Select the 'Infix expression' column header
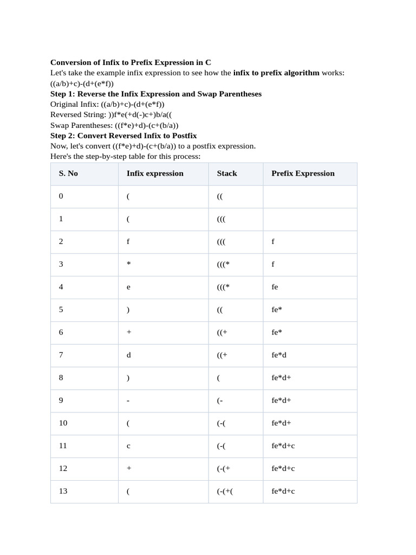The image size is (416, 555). click(x=155, y=173)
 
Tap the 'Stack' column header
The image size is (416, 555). click(x=227, y=173)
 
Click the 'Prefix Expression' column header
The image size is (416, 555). click(x=303, y=173)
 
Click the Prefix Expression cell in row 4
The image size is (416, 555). click(x=275, y=287)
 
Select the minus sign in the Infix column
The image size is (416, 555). click(x=128, y=401)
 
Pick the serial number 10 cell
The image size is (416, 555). click(x=63, y=423)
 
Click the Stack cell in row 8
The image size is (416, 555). click(x=218, y=378)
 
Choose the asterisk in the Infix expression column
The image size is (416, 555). click(x=128, y=264)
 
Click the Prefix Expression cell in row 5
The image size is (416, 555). click(x=277, y=310)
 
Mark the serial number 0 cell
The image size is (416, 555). click(x=61, y=196)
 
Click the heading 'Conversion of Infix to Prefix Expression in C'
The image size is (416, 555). click(x=131, y=62)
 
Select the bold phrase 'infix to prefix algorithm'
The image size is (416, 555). click(x=276, y=73)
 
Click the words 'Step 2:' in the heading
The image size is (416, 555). click(x=64, y=135)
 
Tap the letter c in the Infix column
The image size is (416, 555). click(x=128, y=446)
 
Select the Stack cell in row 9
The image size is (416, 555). click(x=220, y=401)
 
